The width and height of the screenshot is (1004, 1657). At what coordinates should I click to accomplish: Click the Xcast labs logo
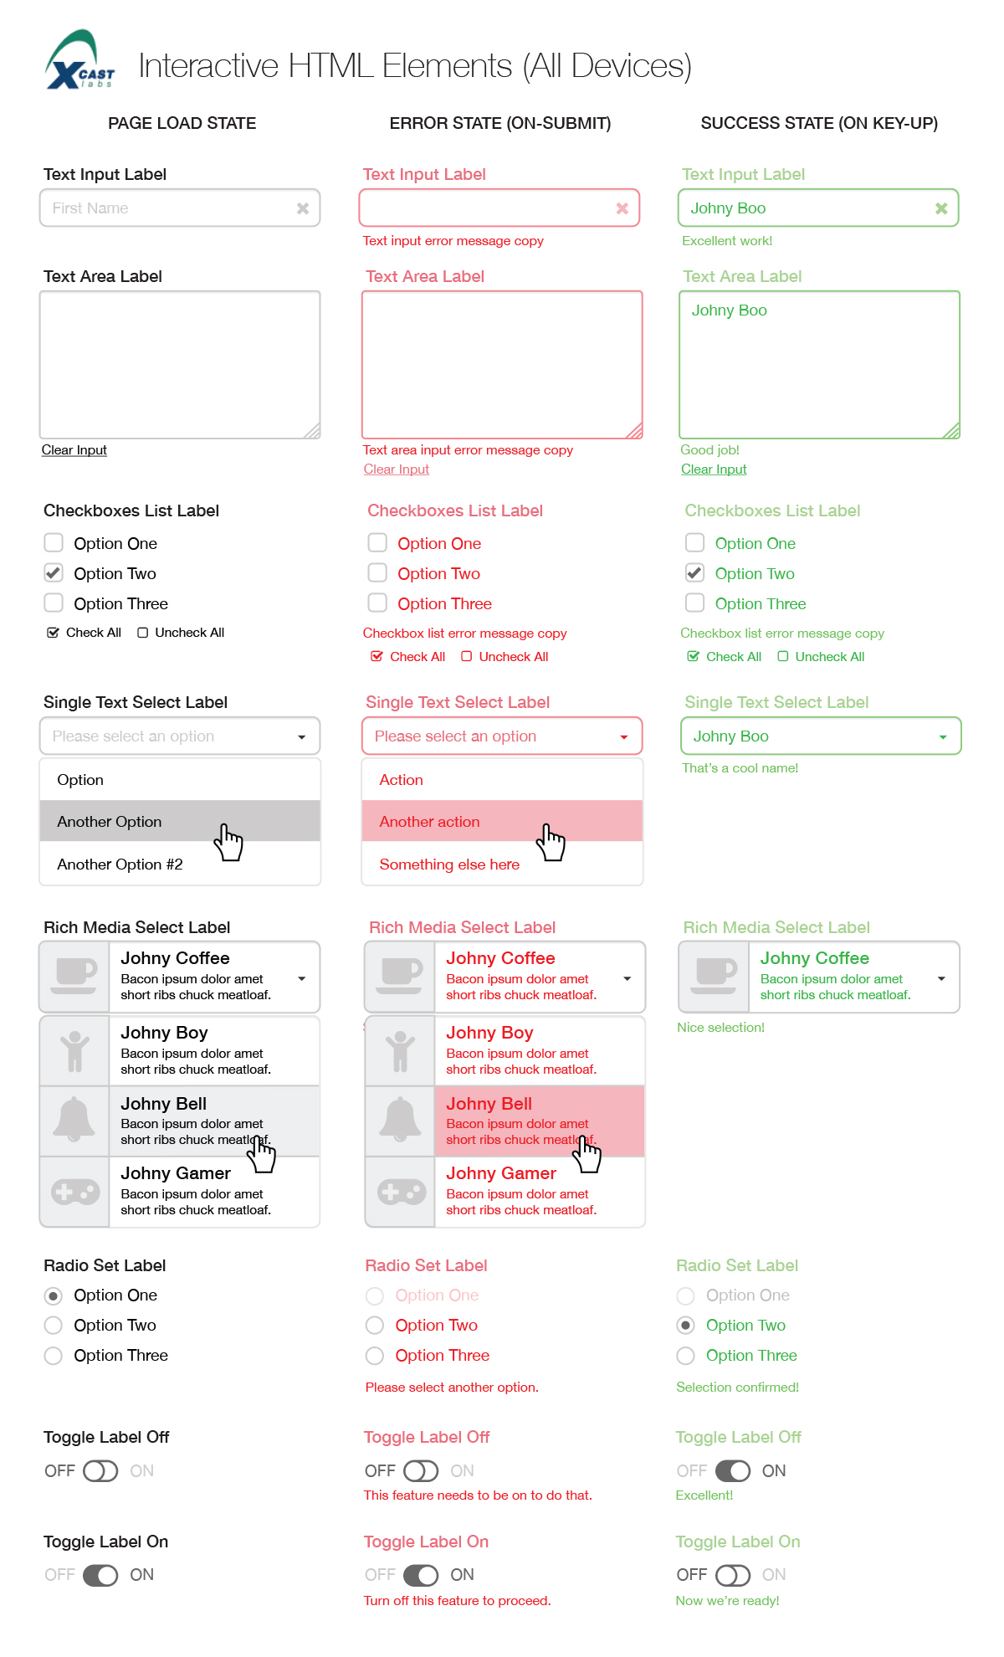(x=80, y=61)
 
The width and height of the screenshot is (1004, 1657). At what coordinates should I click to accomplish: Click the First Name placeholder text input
(x=167, y=208)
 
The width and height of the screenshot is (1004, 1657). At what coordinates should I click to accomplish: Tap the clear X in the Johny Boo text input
(x=941, y=208)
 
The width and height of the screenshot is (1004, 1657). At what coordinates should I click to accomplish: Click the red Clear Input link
(x=396, y=469)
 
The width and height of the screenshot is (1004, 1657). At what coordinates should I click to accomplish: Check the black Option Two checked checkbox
(x=54, y=573)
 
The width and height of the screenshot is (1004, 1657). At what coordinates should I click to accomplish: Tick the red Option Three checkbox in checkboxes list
(x=377, y=603)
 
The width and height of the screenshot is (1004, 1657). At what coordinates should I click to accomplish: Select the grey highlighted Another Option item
(x=109, y=822)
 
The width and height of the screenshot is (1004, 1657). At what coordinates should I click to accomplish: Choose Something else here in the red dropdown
(x=449, y=864)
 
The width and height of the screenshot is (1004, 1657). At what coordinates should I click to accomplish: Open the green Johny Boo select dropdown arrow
(x=943, y=737)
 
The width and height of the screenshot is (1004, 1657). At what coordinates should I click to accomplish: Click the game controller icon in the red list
(x=400, y=1192)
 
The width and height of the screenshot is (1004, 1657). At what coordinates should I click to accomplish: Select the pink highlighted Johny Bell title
(x=489, y=1104)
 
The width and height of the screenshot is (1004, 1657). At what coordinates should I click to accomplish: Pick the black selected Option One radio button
(x=54, y=1295)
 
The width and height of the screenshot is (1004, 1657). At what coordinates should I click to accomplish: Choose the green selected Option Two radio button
(x=686, y=1326)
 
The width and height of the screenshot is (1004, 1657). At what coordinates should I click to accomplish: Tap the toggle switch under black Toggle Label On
(x=100, y=1575)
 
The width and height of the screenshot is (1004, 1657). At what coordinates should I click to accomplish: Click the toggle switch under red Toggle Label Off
(x=421, y=1471)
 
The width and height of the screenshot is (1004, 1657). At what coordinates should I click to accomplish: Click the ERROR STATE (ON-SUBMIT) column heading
(x=500, y=123)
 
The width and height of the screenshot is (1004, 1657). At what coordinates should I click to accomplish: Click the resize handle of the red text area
(x=635, y=431)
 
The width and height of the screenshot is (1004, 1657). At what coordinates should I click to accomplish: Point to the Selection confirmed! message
(x=737, y=1388)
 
